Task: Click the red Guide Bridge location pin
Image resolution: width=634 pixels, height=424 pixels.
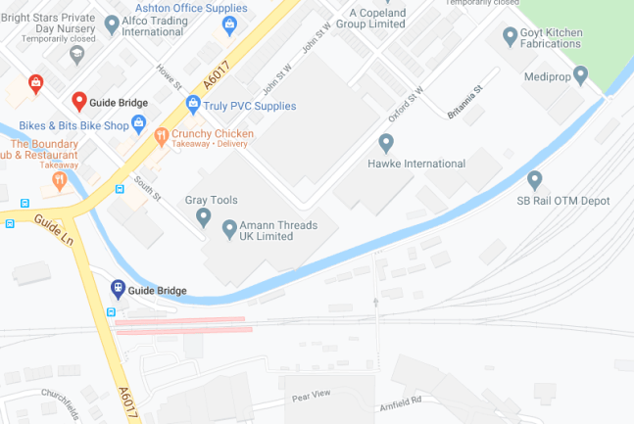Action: tap(79, 102)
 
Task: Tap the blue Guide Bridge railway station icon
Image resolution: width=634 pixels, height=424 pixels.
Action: tap(118, 289)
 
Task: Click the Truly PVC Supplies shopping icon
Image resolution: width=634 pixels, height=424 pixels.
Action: tap(193, 105)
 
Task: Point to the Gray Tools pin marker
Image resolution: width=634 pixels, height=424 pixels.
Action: tap(203, 216)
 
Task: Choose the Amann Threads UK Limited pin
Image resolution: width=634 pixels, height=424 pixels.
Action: tap(229, 229)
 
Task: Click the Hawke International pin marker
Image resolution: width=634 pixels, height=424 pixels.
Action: tap(385, 144)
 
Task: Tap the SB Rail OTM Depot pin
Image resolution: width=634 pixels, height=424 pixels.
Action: tap(534, 180)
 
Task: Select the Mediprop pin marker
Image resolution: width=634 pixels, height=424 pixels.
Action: tap(580, 74)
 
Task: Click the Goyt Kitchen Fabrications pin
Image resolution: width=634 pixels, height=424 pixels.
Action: tap(510, 37)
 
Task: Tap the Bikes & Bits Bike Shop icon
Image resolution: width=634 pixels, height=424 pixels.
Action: tap(138, 125)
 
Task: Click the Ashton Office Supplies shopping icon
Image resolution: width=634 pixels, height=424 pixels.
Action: tap(231, 25)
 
